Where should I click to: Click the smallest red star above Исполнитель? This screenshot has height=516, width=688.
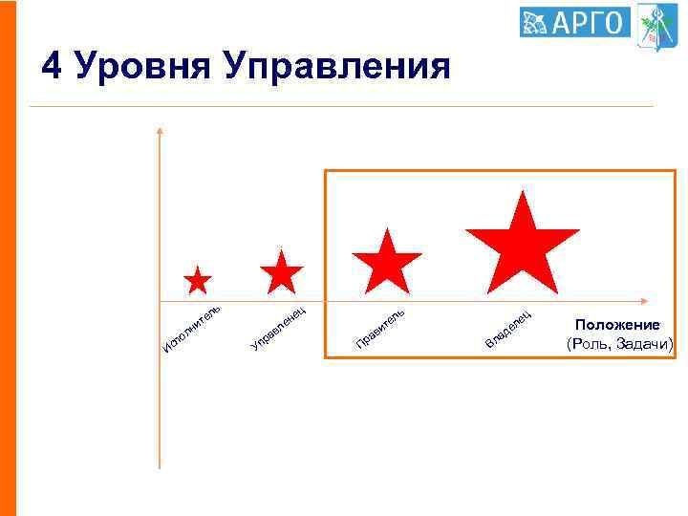(198, 281)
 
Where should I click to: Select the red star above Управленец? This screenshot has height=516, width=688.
(282, 273)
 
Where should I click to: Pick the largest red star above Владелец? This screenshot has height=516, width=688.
(522, 245)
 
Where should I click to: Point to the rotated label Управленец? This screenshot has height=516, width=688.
(277, 326)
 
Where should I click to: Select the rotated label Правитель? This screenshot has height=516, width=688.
(381, 326)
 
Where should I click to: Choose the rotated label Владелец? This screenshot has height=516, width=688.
(508, 328)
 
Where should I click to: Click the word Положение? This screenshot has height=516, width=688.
(617, 325)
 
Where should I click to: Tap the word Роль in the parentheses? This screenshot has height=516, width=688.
(591, 344)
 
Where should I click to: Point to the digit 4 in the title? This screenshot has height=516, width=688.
(52, 66)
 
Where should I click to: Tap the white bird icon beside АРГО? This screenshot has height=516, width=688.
(534, 21)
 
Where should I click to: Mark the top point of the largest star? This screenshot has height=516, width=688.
(523, 192)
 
